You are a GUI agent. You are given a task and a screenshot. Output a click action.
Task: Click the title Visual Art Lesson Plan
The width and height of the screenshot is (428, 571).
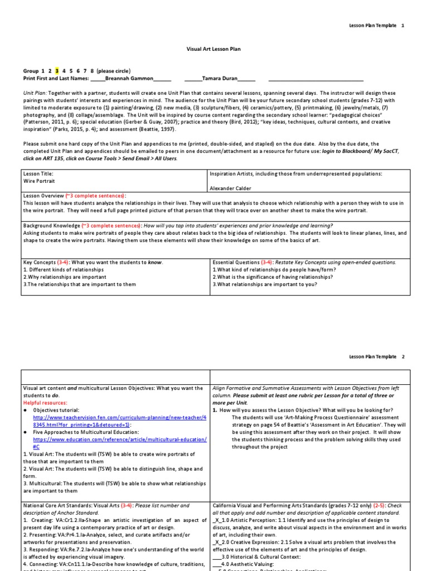tap(213, 49)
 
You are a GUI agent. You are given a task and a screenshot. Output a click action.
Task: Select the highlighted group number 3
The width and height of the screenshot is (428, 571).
tap(56, 71)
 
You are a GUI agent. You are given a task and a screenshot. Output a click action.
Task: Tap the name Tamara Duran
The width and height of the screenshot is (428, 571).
tap(221, 78)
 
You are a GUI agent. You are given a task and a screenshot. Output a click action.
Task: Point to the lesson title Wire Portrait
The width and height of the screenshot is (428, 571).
tap(39, 181)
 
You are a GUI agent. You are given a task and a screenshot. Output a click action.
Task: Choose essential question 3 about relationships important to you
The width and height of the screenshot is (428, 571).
tap(265, 284)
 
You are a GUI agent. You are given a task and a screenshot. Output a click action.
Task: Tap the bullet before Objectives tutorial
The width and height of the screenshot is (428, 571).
tap(26, 409)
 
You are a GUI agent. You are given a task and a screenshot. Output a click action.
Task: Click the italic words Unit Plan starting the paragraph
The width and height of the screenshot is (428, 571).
tap(35, 93)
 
